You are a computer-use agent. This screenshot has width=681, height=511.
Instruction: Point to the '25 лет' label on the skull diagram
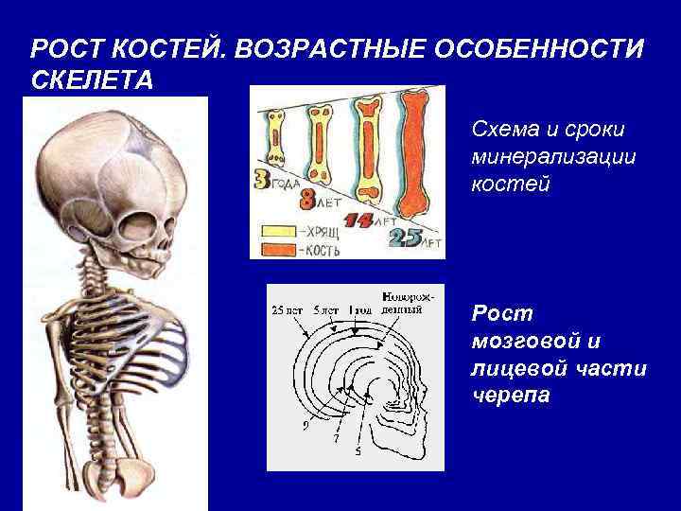[288, 309]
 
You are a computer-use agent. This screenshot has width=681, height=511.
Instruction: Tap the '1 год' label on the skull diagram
[360, 309]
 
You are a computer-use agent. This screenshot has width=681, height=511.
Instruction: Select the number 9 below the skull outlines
[306, 425]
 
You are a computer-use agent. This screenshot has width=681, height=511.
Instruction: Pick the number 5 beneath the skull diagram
[357, 451]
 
